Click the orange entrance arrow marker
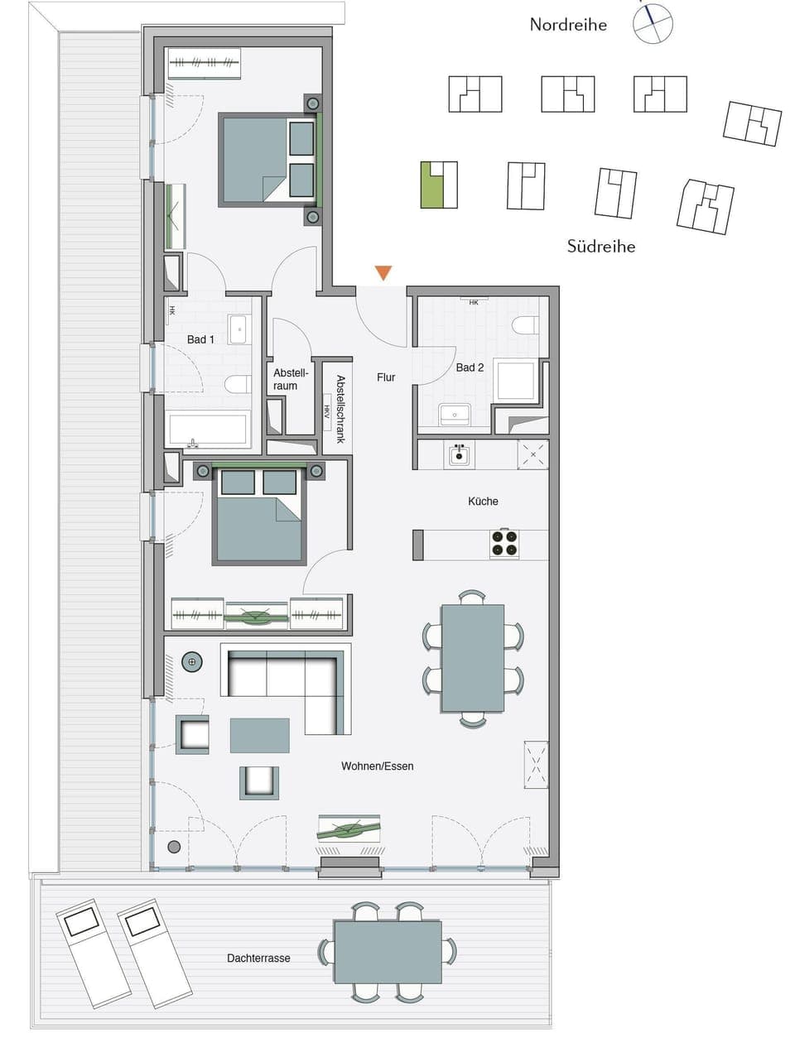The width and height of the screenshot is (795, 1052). point(383,273)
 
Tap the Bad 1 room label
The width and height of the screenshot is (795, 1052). point(200,339)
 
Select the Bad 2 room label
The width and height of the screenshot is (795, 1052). point(470,367)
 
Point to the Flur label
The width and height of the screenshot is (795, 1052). point(386,377)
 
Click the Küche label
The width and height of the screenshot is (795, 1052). point(483,501)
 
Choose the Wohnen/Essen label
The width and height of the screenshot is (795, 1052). point(377,766)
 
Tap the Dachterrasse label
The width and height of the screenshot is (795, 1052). point(258,958)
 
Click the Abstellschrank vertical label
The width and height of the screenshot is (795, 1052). point(340,409)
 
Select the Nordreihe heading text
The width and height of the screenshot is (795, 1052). point(568,25)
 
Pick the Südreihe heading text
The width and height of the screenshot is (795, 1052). point(601,246)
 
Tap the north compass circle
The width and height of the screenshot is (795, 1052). point(653,23)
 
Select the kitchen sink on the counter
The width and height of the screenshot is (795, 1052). point(460,454)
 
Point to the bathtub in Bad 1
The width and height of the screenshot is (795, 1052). point(208,429)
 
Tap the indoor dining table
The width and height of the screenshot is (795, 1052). point(472,658)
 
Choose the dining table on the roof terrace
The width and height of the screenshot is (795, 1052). point(388,951)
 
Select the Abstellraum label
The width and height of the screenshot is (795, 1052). point(290,379)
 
